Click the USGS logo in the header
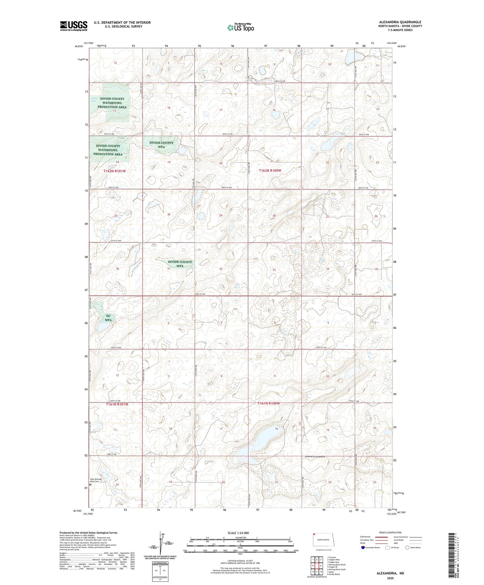click(x=74, y=26)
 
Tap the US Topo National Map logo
click(x=240, y=28)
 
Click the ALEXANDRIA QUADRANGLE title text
click(x=400, y=22)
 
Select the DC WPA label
click(x=108, y=318)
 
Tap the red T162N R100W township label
click(x=270, y=170)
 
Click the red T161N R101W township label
click(x=117, y=404)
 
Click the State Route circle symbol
click(x=407, y=548)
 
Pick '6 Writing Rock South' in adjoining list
click(x=336, y=569)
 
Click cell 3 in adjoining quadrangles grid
click(x=321, y=559)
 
